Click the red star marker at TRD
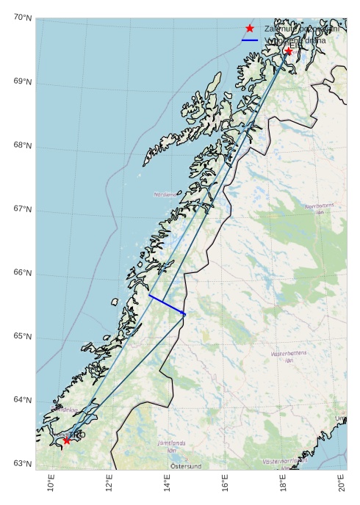coord(67,440)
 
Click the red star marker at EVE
coord(288,51)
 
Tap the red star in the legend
coord(250,28)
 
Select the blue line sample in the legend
coord(250,40)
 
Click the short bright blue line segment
coord(167,305)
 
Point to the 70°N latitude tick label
coord(22,18)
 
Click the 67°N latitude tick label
coord(22,209)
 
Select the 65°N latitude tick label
coord(22,337)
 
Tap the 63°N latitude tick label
coord(22,464)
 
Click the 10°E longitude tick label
coord(51,484)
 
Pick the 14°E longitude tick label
coord(167,484)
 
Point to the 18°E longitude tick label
coord(283,484)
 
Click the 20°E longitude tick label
coord(341,484)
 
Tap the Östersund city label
coord(186,466)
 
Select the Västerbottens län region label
coord(289,357)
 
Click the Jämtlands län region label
coord(172,446)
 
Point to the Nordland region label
coord(165,195)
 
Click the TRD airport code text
coord(77,435)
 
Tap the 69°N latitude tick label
coord(22,81)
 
